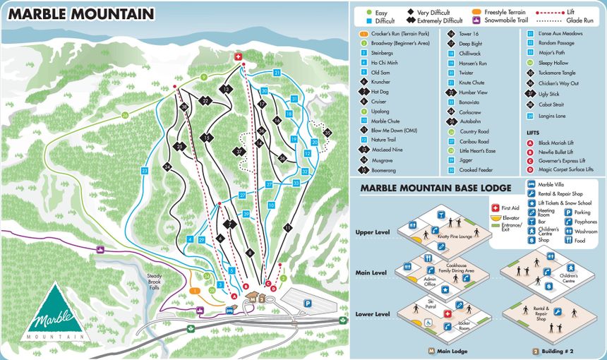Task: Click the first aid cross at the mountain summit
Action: click(x=238, y=56)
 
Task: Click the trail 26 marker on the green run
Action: click(x=125, y=114)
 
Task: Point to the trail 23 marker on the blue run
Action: click(x=144, y=171)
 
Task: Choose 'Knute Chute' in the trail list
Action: click(x=471, y=82)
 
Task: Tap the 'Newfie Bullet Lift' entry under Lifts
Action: click(x=555, y=151)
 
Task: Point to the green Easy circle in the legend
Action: click(x=368, y=11)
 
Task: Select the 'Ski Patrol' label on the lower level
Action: click(x=430, y=301)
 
